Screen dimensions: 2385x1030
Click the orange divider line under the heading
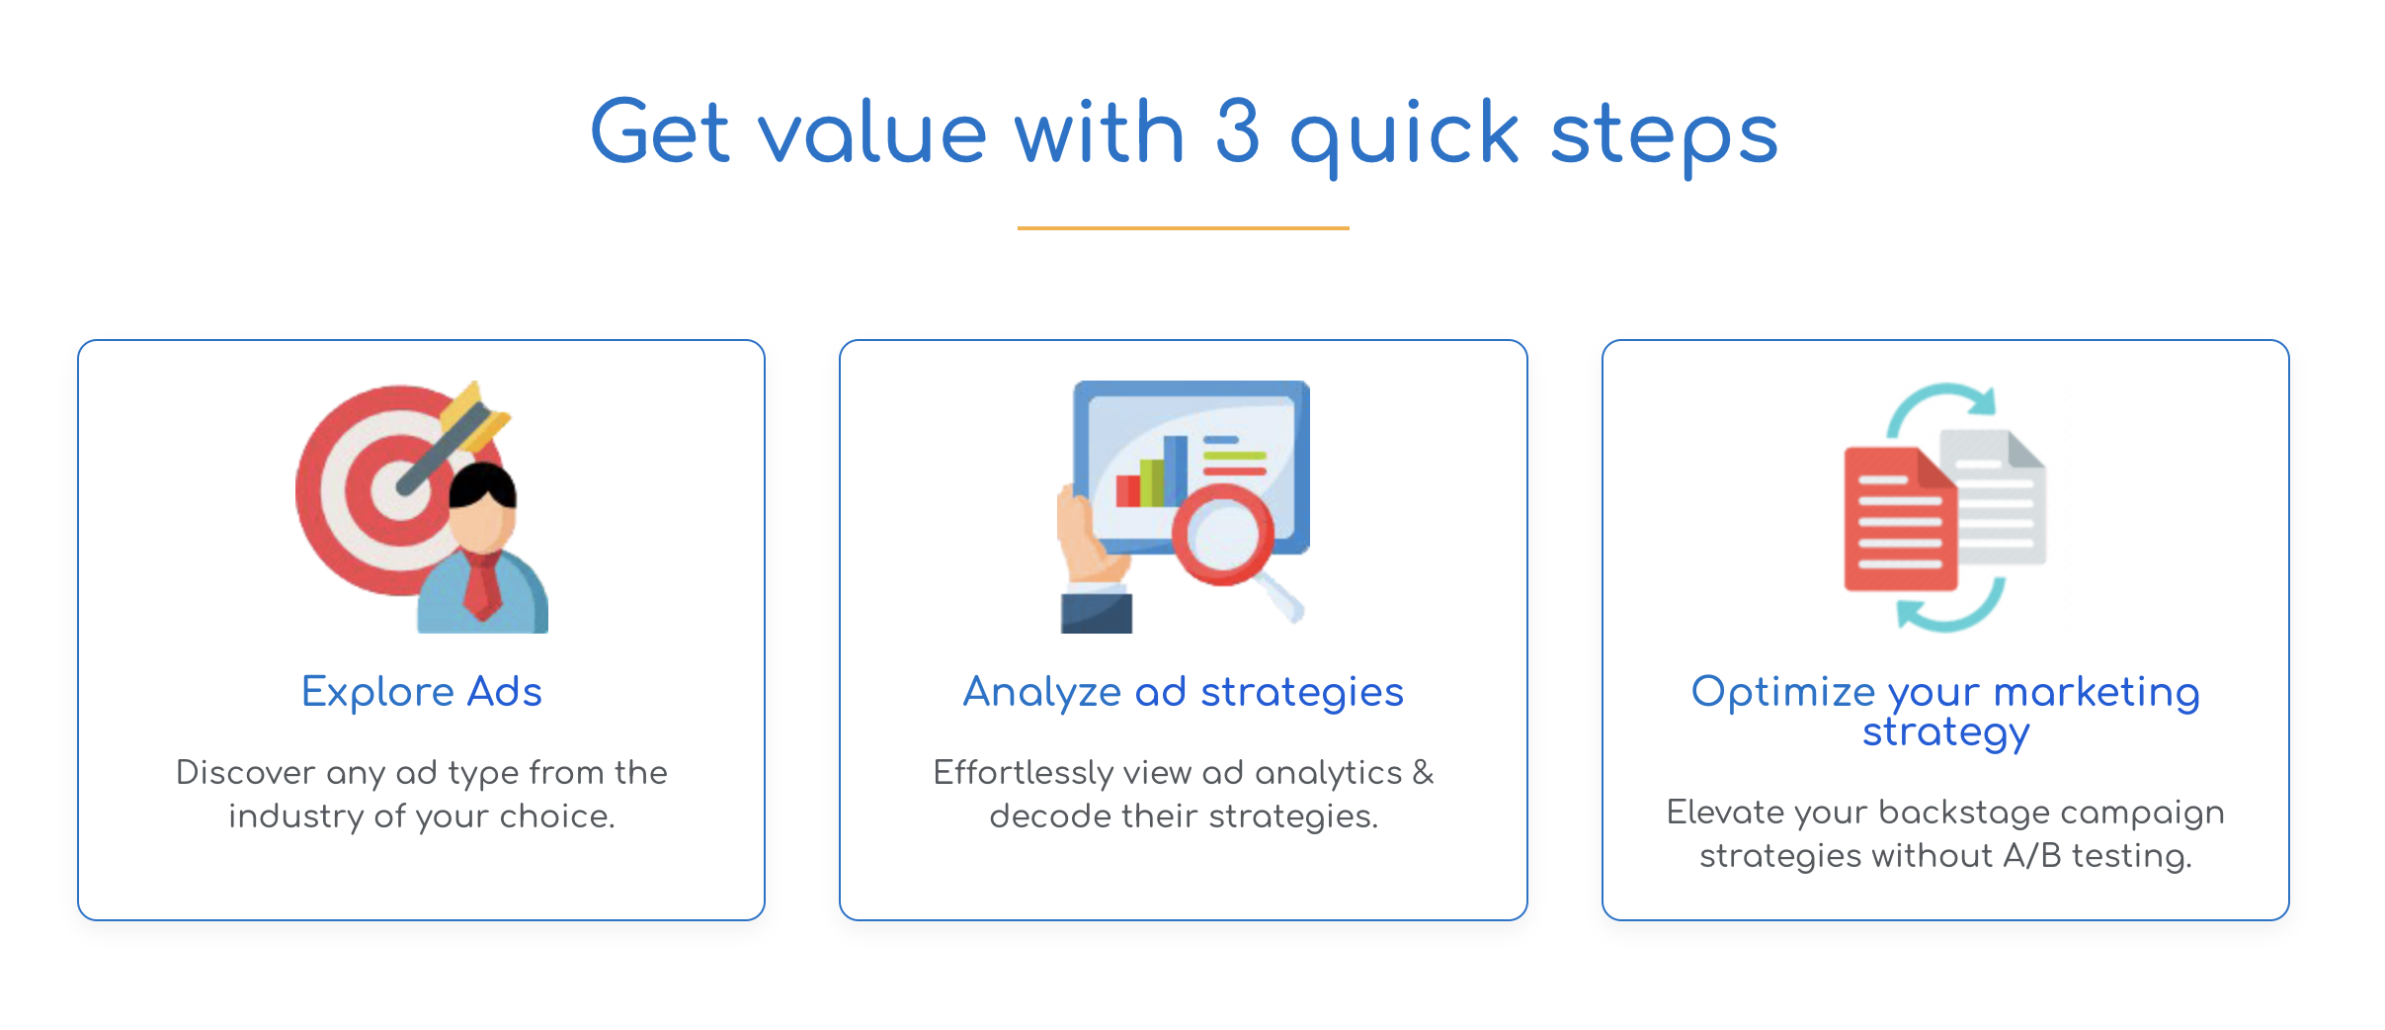pyautogui.click(x=1183, y=228)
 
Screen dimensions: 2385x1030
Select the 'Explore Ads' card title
pyautogui.click(x=422, y=691)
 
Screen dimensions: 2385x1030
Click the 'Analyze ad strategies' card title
pyautogui.click(x=1183, y=692)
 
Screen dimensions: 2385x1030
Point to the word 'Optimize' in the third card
pyautogui.click(x=1783, y=692)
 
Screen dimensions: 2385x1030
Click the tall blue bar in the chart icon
pyautogui.click(x=1176, y=471)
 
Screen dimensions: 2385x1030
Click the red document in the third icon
pyautogui.click(x=1899, y=520)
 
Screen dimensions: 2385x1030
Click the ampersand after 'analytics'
pyautogui.click(x=1423, y=772)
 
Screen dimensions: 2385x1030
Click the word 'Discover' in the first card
pyautogui.click(x=246, y=772)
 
